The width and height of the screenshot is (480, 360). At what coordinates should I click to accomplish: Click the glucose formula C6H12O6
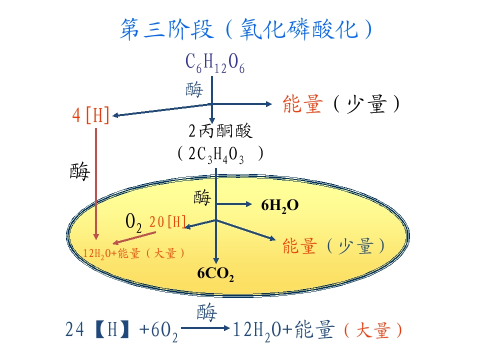click(x=215, y=63)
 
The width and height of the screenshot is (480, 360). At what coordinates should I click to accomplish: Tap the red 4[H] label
click(x=90, y=115)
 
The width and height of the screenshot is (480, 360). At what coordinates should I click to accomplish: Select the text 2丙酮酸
click(x=220, y=130)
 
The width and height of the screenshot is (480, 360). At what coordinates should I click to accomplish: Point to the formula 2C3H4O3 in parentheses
click(x=216, y=155)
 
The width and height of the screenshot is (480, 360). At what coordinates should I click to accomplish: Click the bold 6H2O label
click(x=280, y=205)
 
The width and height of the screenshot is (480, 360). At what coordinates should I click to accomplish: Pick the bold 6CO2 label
click(x=215, y=273)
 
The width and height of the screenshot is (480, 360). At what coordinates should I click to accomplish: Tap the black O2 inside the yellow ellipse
click(x=133, y=222)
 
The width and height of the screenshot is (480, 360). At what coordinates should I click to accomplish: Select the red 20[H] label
click(x=168, y=221)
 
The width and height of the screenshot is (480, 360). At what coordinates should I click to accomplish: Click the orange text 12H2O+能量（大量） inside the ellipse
click(x=134, y=253)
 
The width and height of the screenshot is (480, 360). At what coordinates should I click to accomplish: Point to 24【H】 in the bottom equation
click(x=97, y=329)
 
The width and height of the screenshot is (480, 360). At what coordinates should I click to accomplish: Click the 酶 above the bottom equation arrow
click(x=206, y=312)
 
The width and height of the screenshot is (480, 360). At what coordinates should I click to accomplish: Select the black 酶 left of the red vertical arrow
click(x=80, y=171)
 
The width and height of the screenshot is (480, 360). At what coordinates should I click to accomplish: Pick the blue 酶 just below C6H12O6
click(x=194, y=89)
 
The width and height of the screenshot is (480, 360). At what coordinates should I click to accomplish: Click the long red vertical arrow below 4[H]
click(x=96, y=183)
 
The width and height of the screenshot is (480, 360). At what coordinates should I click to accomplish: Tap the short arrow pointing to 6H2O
click(x=234, y=204)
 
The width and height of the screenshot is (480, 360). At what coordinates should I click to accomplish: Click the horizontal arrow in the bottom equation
click(x=205, y=328)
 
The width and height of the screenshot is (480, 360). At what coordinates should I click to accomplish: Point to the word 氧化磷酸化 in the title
click(x=299, y=29)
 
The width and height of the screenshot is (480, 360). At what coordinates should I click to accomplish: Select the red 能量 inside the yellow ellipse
click(x=299, y=246)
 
